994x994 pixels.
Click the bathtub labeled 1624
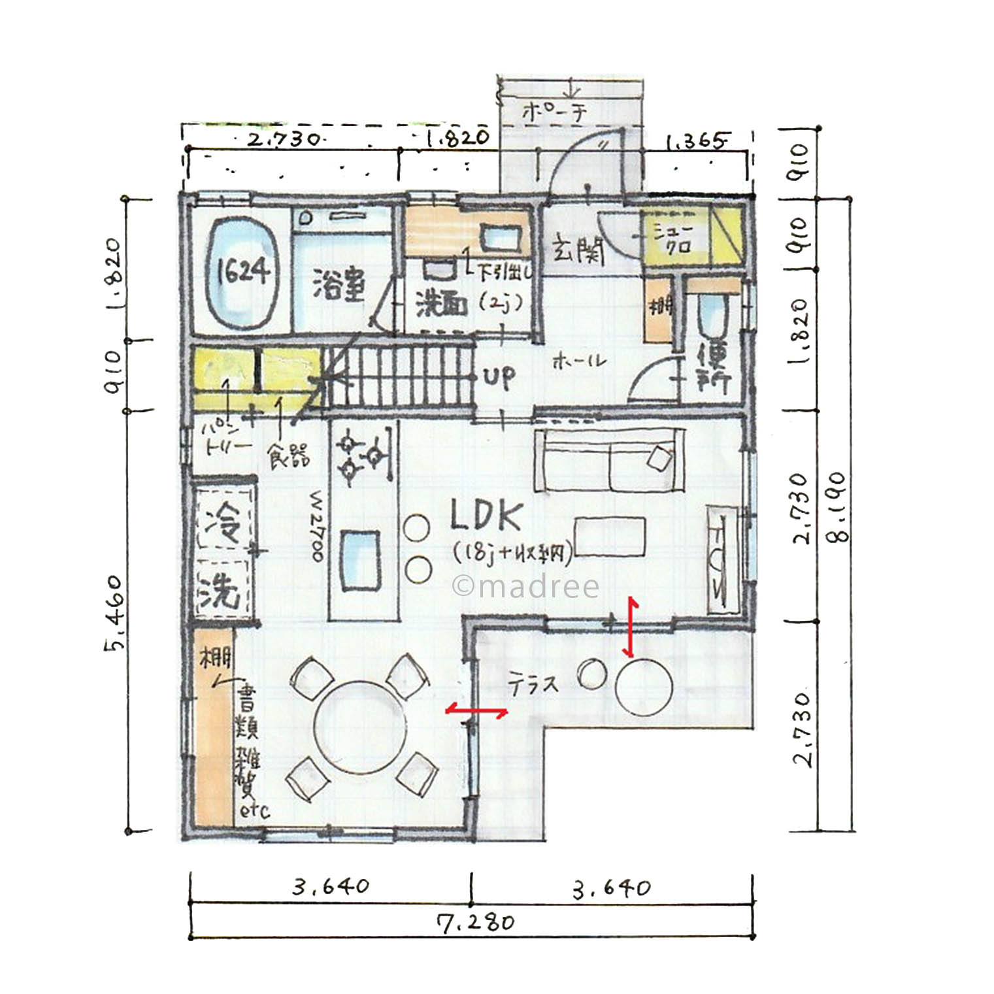[242, 271]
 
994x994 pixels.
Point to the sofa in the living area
[609, 460]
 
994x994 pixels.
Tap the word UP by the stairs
[499, 377]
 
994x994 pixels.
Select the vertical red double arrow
[631, 625]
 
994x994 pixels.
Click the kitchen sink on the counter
[359, 561]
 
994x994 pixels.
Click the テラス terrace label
[533, 685]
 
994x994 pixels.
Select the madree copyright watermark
[525, 586]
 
